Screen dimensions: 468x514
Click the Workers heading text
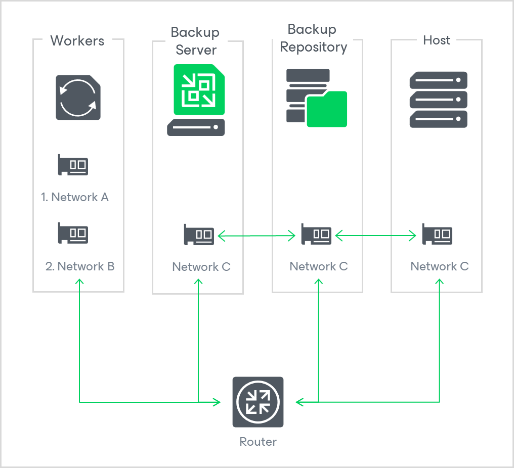[77, 41]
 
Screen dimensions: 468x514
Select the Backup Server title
[195, 41]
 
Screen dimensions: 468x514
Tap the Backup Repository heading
[313, 38]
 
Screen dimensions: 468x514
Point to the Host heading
[436, 40]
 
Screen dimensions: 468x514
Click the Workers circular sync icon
[78, 98]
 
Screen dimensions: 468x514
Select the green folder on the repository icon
[327, 109]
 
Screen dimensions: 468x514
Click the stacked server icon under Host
[438, 100]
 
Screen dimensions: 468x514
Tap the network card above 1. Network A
[73, 165]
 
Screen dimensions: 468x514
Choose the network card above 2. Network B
[73, 233]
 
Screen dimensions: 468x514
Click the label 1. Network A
[75, 197]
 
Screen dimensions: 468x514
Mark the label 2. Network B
[80, 266]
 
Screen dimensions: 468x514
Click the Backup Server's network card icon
[199, 235]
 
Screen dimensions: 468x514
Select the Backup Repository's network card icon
[316, 235]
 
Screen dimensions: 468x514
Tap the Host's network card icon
[437, 235]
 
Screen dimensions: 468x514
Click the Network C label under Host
[439, 266]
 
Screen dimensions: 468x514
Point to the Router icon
[258, 402]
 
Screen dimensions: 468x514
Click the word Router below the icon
[258, 442]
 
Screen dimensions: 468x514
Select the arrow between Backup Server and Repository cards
[256, 235]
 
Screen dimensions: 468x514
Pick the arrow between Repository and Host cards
[376, 235]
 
